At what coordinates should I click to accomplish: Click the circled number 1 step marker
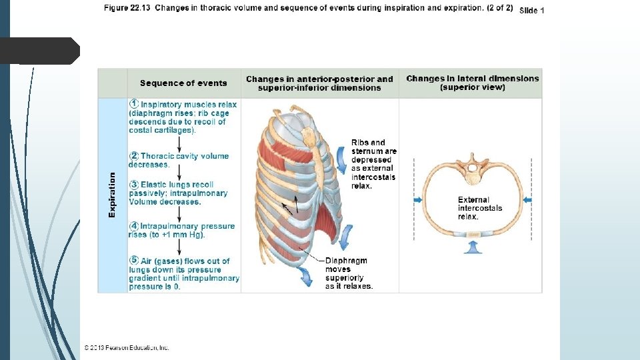point(134,105)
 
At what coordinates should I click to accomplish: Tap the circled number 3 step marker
point(134,185)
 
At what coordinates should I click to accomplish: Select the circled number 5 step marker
point(134,261)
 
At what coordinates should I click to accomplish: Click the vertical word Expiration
point(112,194)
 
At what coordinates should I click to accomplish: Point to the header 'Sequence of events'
point(183,83)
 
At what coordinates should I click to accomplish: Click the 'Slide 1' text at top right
point(531,11)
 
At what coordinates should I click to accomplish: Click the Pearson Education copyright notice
point(127,347)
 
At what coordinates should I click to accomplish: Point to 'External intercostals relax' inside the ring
point(479,208)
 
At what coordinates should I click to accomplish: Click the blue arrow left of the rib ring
point(418,199)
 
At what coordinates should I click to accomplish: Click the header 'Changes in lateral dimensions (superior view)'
point(472,83)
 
